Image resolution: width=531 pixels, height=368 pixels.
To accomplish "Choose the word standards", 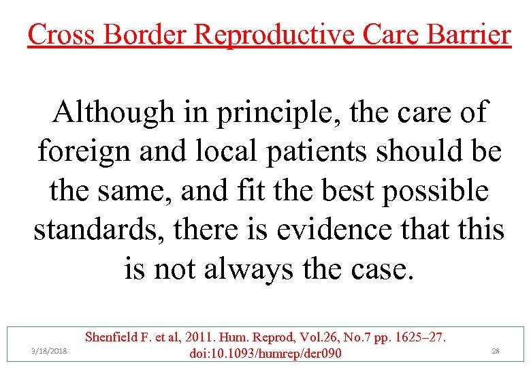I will [x=99, y=230].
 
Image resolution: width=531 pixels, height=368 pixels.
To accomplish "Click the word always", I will [x=244, y=269].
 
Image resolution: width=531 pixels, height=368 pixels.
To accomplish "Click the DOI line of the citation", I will [x=266, y=353].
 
